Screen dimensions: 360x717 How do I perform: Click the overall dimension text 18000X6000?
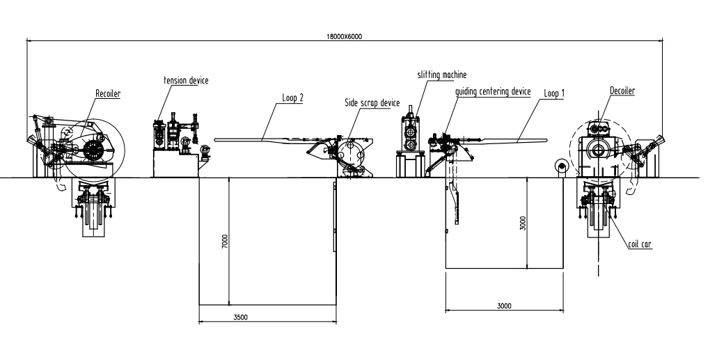coord(344,36)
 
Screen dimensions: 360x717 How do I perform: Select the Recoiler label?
coord(108,93)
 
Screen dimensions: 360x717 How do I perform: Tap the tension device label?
coord(186,80)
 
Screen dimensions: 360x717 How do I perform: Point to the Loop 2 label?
coord(293,98)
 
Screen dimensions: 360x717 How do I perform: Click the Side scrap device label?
coord(372,102)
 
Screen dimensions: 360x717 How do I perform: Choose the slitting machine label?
coord(441,74)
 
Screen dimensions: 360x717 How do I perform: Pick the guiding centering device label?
coord(493,91)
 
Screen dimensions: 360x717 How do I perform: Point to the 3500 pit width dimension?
coord(241,318)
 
